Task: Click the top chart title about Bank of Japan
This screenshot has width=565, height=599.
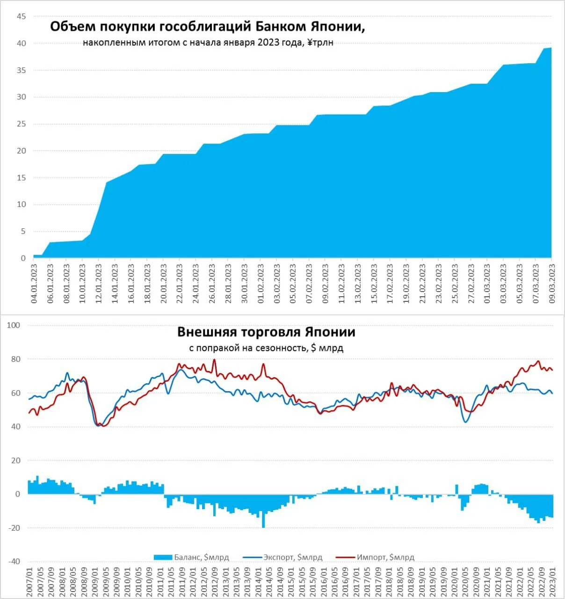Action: point(207,27)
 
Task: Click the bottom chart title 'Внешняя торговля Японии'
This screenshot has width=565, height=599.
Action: point(266,332)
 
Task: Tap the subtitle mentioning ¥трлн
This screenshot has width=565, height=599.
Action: point(208,43)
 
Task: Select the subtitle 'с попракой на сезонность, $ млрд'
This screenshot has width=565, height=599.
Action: point(266,348)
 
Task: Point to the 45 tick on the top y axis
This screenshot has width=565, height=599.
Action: point(21,16)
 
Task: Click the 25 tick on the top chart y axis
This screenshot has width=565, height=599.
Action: point(21,124)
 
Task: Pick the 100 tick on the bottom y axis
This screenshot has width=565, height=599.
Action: point(14,325)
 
